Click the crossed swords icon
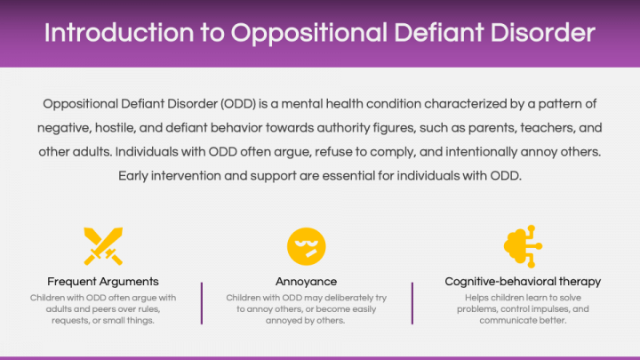103,246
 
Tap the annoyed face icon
306,246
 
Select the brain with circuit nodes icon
523,246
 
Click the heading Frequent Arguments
103,282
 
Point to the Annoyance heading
306,282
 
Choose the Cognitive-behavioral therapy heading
523,282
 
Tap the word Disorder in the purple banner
543,33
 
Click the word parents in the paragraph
492,128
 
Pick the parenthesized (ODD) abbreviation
238,104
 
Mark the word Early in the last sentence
133,176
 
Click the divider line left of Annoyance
202,303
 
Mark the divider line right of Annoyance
412,303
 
